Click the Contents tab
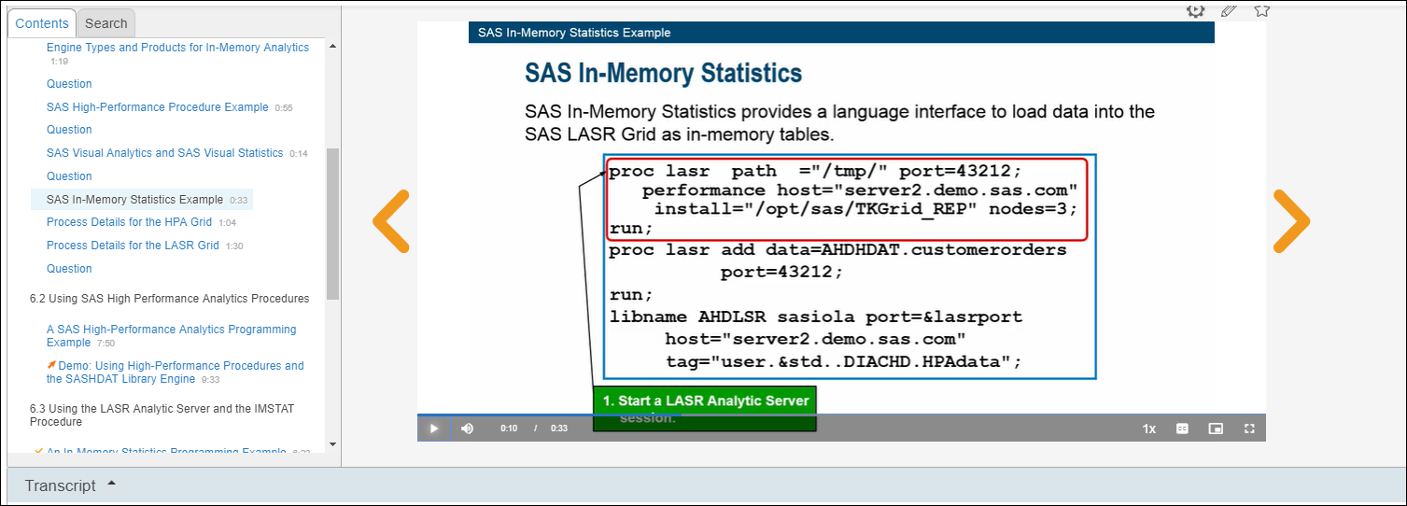42,23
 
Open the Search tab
106,23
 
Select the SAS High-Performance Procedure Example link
157,107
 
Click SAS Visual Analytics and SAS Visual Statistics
164,153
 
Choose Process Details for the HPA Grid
129,222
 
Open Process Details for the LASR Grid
133,246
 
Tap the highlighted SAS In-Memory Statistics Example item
134,200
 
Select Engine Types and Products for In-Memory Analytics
177,48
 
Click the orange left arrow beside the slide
391,221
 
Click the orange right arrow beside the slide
1291,221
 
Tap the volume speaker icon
467,429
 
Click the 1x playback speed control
1149,429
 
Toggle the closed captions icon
1182,429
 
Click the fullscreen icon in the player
1249,429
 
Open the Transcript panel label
61,485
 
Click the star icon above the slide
1261,11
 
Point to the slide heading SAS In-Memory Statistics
663,74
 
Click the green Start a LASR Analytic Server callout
705,401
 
